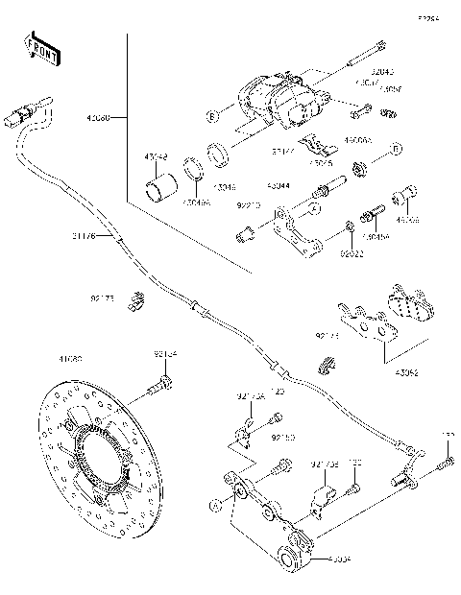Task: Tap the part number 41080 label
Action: pos(69,359)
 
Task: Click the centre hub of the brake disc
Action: pos(103,462)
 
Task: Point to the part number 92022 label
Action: pos(352,255)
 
